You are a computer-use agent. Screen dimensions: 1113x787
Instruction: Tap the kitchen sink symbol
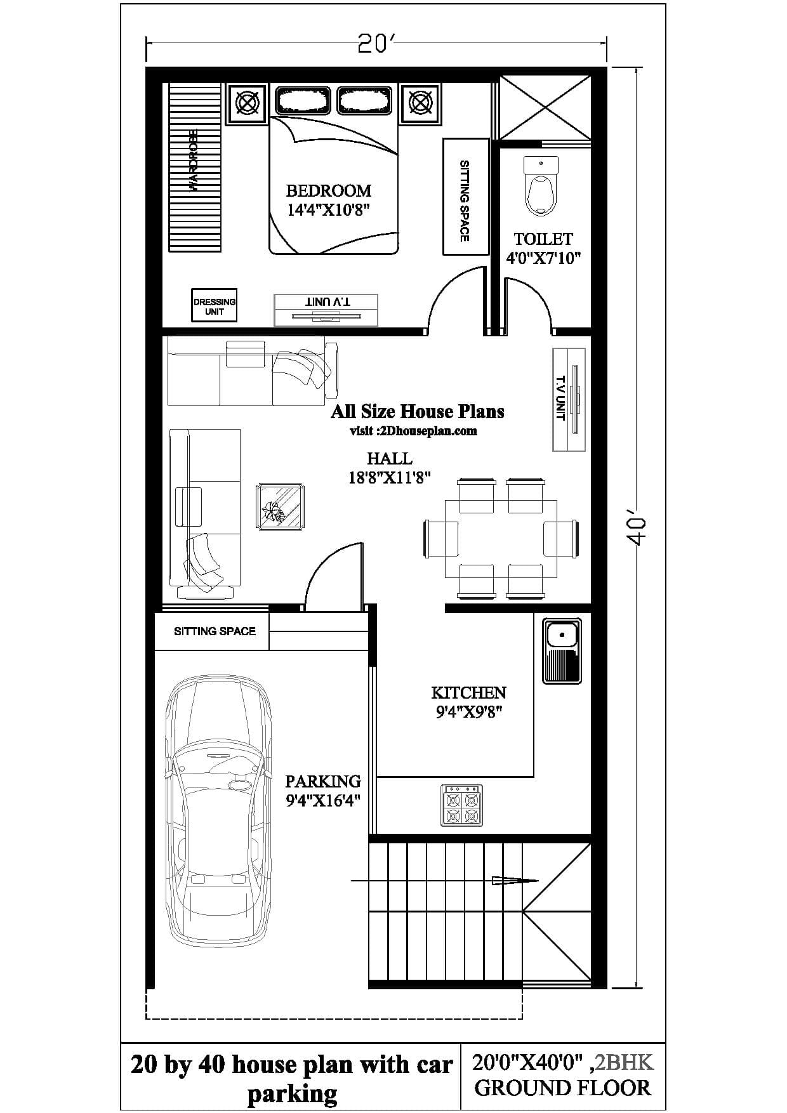[562, 650]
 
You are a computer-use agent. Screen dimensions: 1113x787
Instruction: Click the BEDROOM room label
[328, 190]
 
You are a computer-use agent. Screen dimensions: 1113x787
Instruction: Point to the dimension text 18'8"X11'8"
[389, 478]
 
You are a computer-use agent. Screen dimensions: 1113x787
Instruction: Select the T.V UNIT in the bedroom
[326, 310]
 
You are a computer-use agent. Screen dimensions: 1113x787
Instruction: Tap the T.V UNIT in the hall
[569, 399]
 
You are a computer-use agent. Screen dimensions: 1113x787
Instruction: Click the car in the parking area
[218, 812]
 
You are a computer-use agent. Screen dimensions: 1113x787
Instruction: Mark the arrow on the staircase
[514, 880]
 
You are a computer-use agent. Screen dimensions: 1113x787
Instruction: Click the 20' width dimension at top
[376, 43]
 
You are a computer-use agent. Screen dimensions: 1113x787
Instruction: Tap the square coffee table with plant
[280, 506]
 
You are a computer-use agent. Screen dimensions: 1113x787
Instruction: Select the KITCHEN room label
[468, 692]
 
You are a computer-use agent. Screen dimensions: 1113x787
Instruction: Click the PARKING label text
[322, 781]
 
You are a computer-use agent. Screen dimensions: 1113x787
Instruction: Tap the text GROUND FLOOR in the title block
[562, 1088]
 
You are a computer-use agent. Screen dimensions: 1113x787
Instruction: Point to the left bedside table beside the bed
[248, 103]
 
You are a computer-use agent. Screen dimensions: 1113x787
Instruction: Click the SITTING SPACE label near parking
[215, 631]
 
